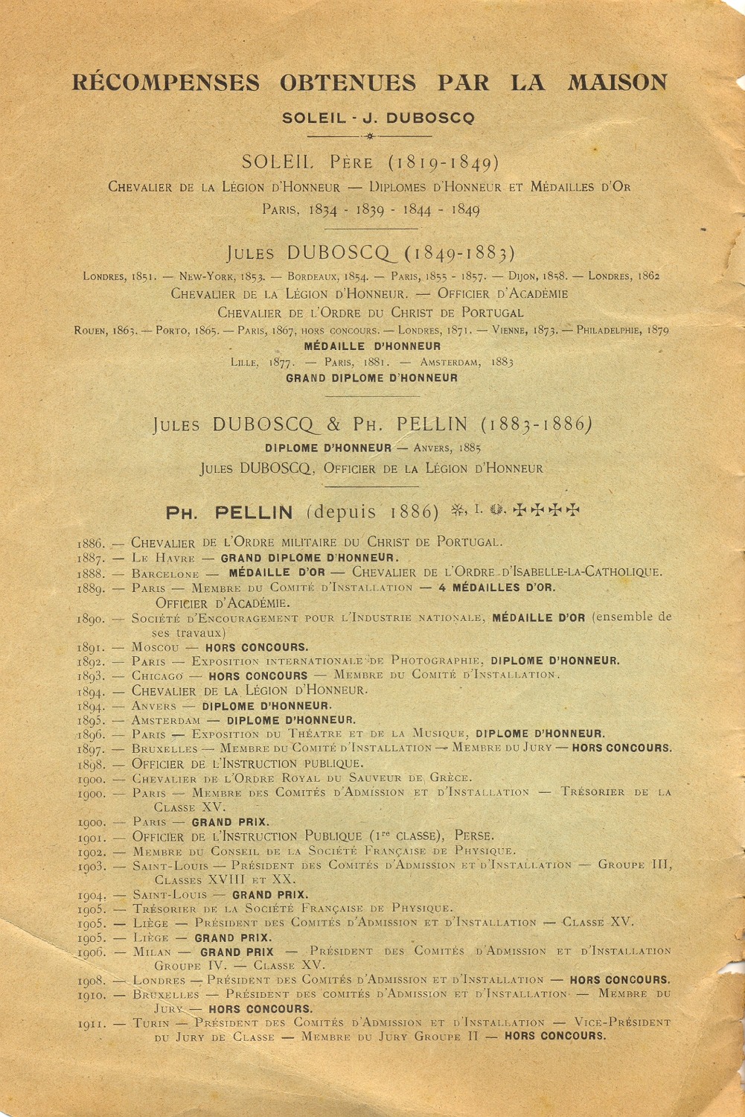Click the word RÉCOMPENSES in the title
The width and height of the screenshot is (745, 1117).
166,82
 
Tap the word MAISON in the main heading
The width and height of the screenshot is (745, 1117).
617,81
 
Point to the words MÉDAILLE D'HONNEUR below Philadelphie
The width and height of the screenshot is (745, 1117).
372,346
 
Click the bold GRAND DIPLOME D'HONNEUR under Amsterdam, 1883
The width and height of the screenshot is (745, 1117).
372,378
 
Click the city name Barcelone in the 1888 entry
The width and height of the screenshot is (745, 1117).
165,573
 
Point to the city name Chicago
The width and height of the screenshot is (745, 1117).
157,676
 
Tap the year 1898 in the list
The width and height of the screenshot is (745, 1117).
91,765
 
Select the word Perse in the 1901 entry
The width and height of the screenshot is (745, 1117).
474,836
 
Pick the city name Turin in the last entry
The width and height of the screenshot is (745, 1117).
151,1023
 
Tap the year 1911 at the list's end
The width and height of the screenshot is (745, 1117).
91,1025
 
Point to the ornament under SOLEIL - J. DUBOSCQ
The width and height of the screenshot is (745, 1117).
370,136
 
